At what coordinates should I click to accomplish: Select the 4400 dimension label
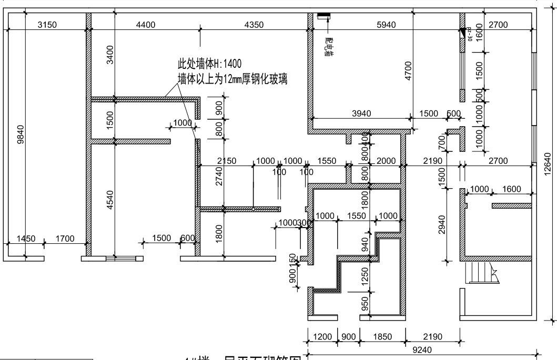(146, 24)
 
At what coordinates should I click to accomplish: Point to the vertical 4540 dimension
(110, 201)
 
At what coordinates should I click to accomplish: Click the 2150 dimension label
(226, 161)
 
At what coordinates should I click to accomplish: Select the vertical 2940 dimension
(442, 223)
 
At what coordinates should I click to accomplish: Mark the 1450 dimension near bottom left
(26, 239)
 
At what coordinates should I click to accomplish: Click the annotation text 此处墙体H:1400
(209, 64)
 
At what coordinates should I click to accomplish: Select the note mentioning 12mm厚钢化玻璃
(235, 79)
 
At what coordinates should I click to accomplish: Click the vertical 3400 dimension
(110, 55)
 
